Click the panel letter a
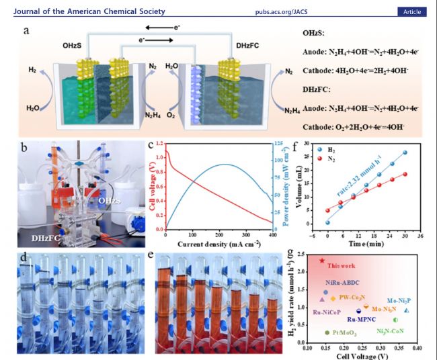click(x=26, y=32)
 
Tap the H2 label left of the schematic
click(x=32, y=70)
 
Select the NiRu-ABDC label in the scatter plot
click(x=342, y=283)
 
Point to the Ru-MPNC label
click(x=360, y=319)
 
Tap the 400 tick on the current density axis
click(x=271, y=235)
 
